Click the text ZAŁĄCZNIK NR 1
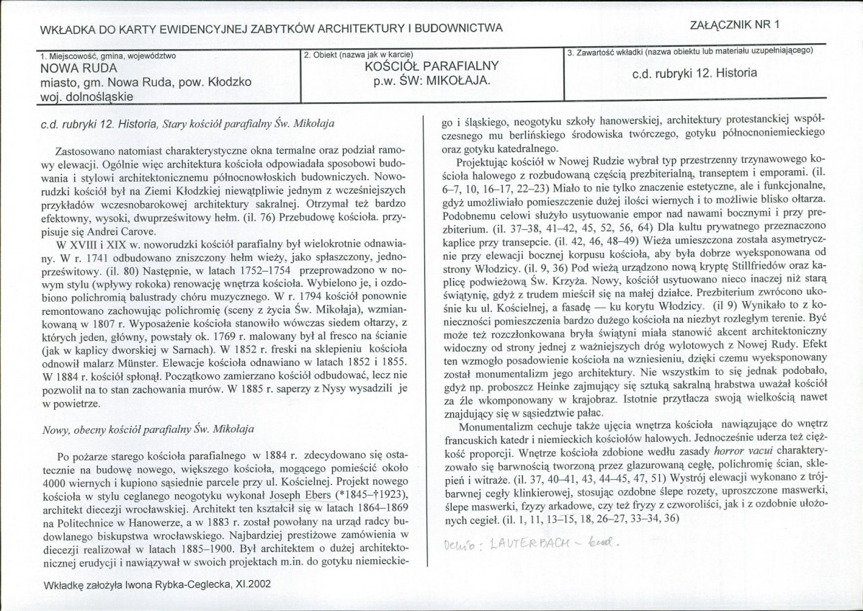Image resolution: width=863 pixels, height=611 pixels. click(735, 24)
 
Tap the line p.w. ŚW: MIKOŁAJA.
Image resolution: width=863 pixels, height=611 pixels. click(432, 79)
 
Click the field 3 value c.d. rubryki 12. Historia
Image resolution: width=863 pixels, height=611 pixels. click(694, 73)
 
